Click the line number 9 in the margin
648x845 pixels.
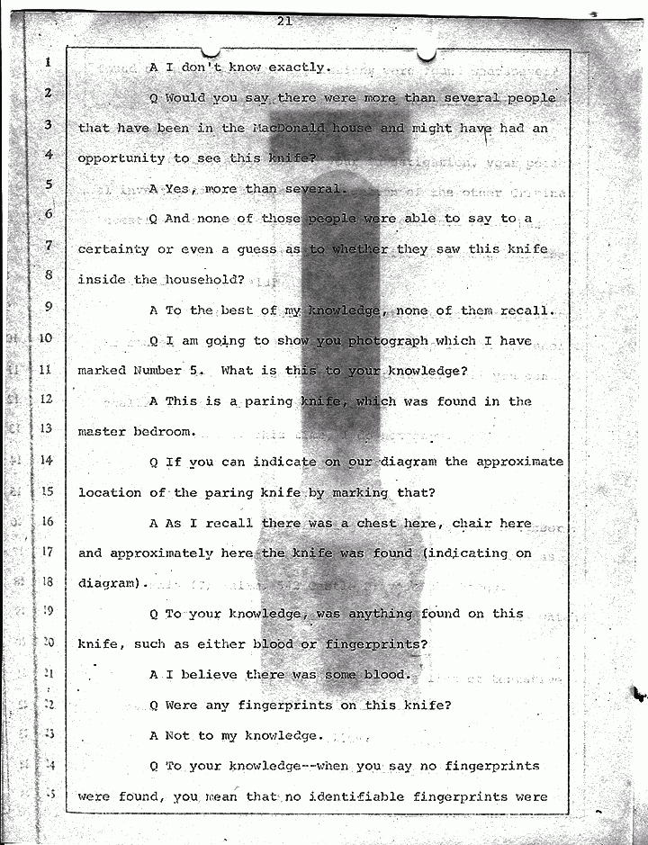pyautogui.click(x=49, y=307)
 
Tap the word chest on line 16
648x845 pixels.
pyautogui.click(x=388, y=523)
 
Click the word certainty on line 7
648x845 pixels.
pyautogui.click(x=117, y=248)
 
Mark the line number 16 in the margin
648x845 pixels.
pyautogui.click(x=48, y=521)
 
